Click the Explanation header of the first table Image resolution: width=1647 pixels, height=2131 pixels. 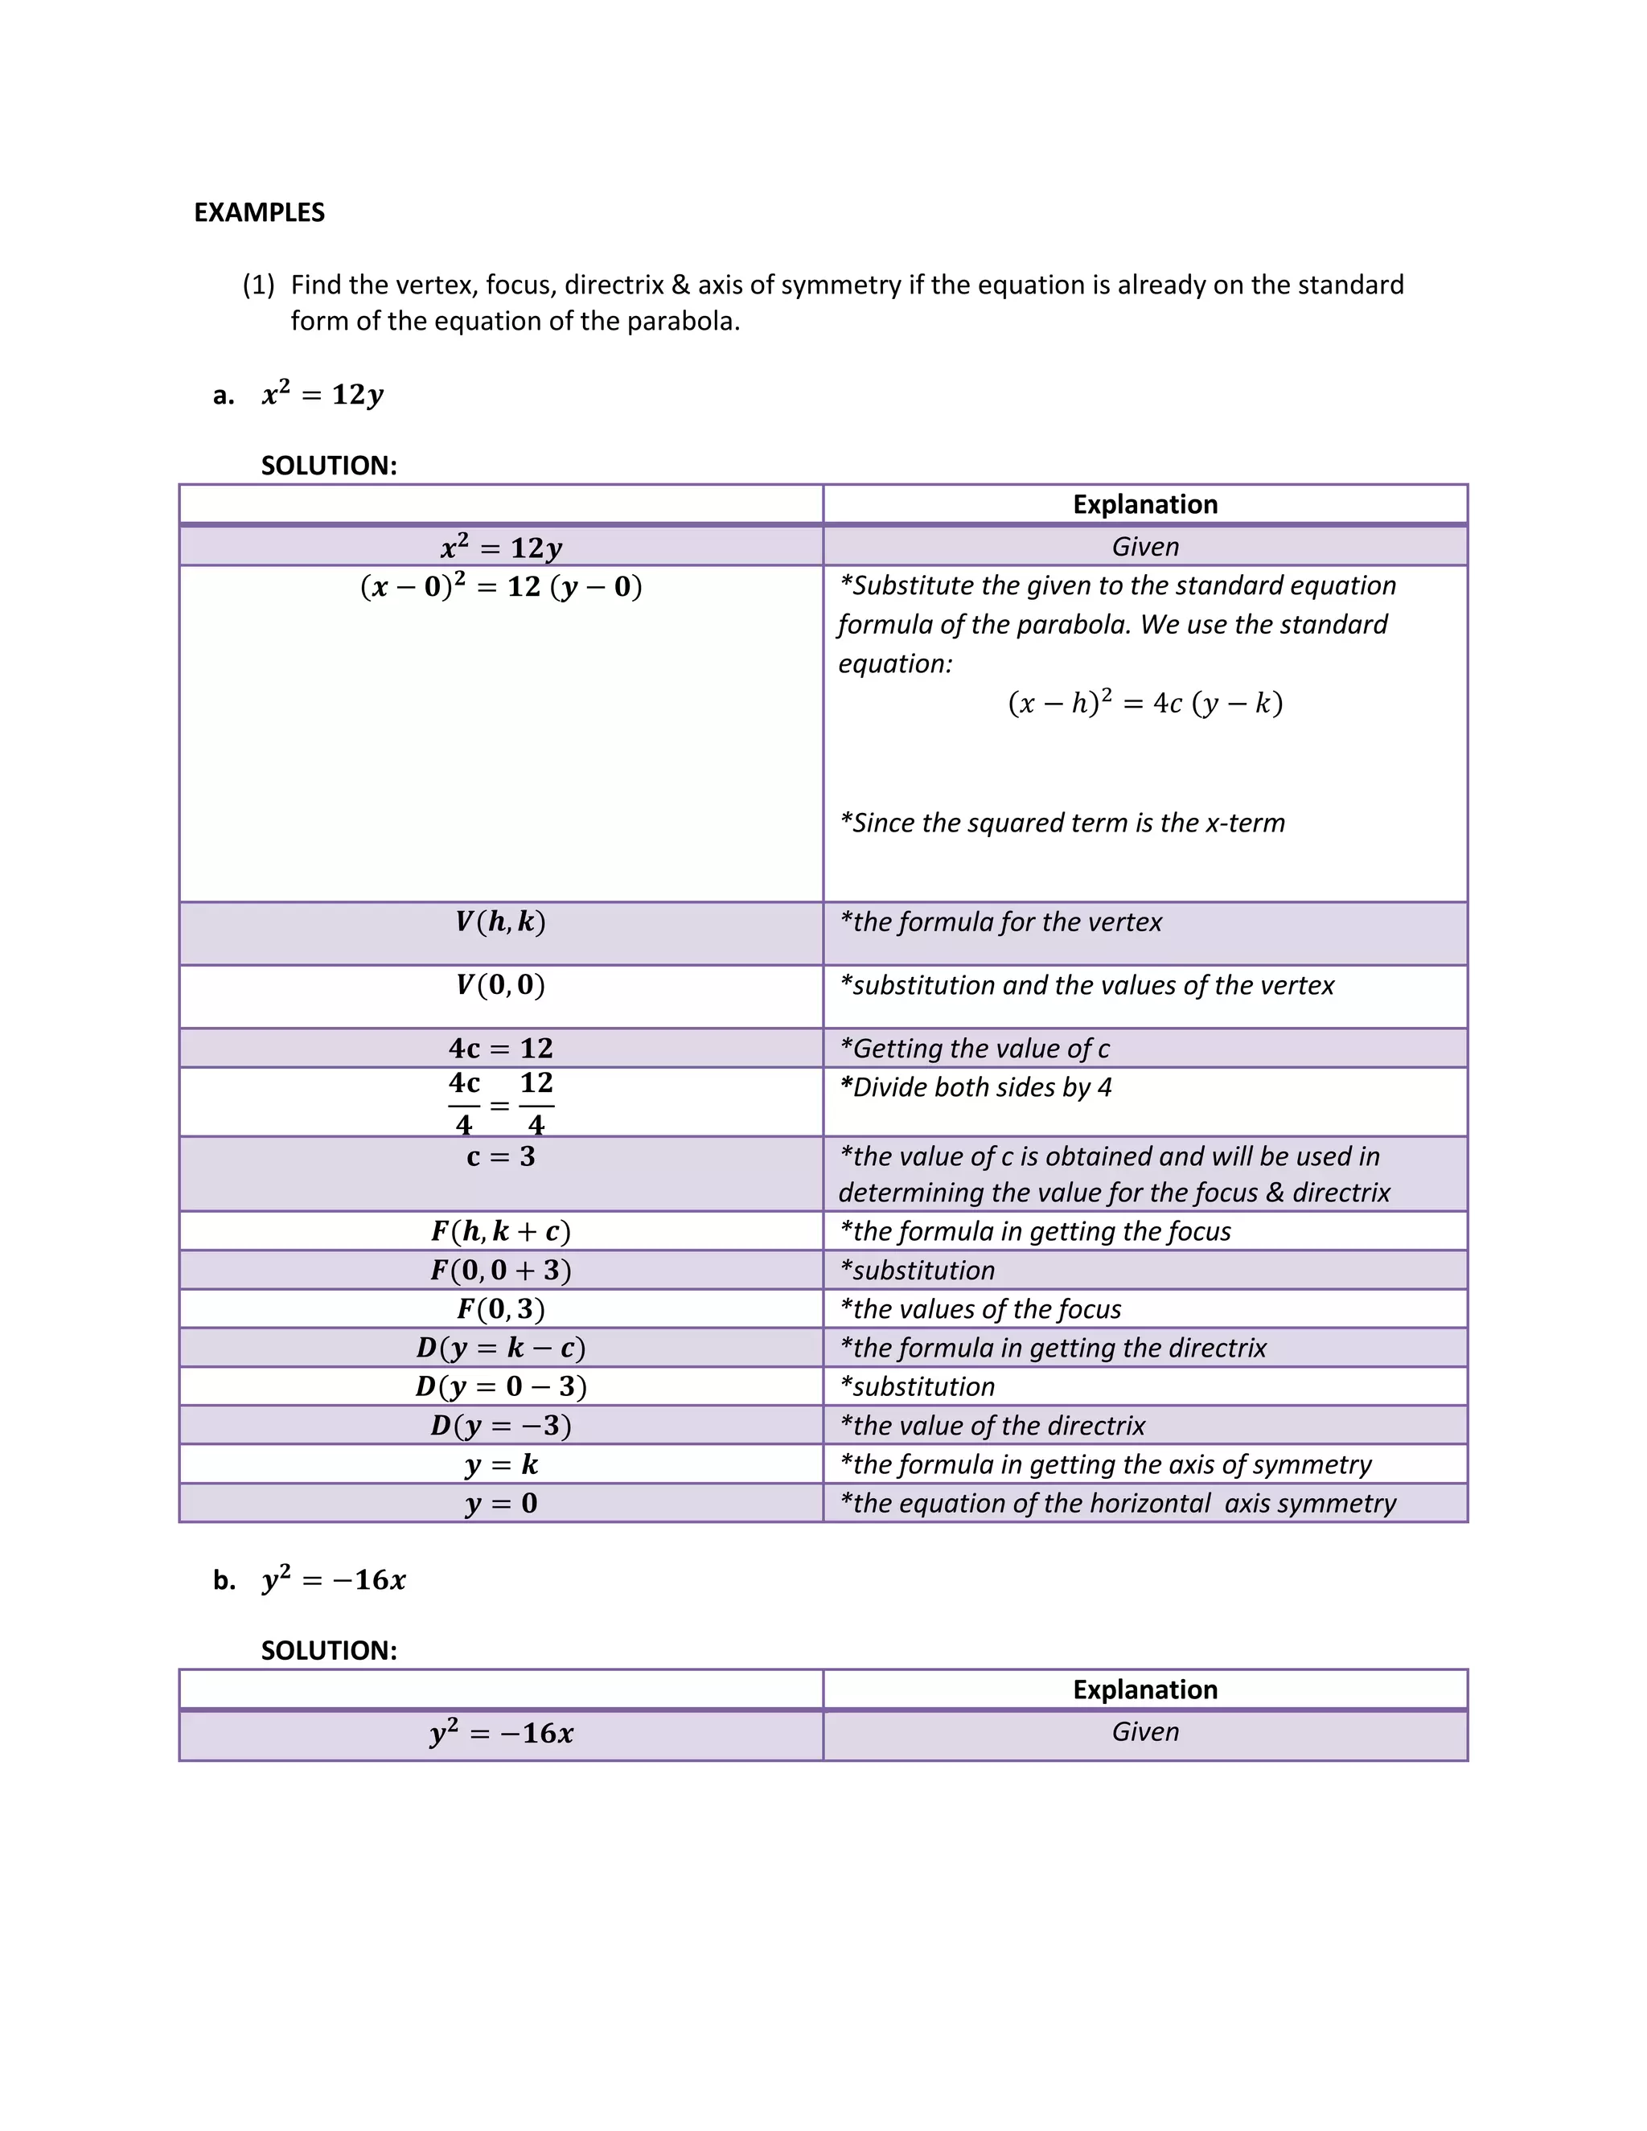pyautogui.click(x=1144, y=503)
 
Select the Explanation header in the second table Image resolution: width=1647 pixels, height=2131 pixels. pyautogui.click(x=1144, y=1689)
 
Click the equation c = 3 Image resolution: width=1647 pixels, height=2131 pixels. pyautogui.click(x=500, y=1156)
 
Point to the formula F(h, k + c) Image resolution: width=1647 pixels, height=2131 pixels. pyautogui.click(x=500, y=1231)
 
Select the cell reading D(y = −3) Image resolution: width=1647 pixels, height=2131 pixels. pyautogui.click(x=500, y=1426)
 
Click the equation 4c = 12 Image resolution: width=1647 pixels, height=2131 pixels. pyautogui.click(x=500, y=1048)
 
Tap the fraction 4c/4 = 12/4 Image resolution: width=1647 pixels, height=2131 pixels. pyautogui.click(x=500, y=1103)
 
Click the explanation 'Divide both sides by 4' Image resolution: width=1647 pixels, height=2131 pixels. pyautogui.click(x=975, y=1087)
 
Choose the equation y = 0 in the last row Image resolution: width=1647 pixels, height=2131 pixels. pyautogui.click(x=500, y=1503)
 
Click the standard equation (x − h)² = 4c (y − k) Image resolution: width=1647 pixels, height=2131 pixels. pyautogui.click(x=1144, y=703)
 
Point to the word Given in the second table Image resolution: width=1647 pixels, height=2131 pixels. pyautogui.click(x=1144, y=1732)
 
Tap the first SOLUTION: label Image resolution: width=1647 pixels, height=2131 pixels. pyautogui.click(x=329, y=466)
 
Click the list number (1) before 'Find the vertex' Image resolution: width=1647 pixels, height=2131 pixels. pyautogui.click(x=259, y=285)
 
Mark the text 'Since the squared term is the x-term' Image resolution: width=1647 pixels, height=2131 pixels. pyautogui.click(x=1062, y=823)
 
